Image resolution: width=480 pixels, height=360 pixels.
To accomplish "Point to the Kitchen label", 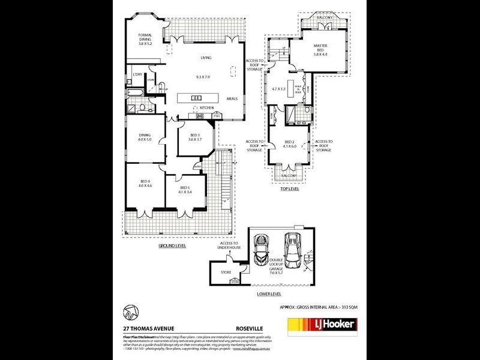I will coord(206,108).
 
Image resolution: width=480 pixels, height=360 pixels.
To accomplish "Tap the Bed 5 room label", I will coord(185,190).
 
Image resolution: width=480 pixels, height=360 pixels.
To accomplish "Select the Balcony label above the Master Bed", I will coord(325,18).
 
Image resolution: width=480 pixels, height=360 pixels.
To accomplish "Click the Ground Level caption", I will coord(172,246).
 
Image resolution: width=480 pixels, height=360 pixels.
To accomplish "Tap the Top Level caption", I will coord(290,188).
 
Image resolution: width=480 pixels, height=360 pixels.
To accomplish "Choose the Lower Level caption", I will coord(269,294).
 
